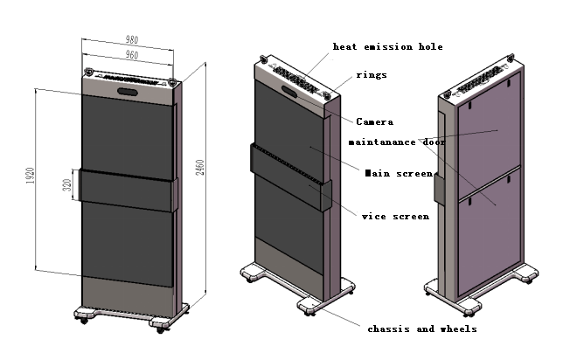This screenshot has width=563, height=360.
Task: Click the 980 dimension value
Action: [132, 39]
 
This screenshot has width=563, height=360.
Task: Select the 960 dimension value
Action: [132, 55]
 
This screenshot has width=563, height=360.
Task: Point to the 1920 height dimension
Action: [31, 176]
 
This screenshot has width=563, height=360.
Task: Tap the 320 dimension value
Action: [66, 185]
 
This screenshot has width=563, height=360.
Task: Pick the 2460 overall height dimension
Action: [200, 167]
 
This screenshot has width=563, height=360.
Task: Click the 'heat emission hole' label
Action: [388, 46]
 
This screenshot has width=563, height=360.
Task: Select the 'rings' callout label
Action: [372, 75]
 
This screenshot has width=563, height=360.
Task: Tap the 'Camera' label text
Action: [374, 122]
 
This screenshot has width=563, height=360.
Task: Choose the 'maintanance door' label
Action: [397, 142]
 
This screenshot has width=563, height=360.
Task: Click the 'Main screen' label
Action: [399, 173]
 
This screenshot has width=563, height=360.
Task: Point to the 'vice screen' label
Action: [395, 217]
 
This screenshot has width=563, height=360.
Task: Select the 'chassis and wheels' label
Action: [422, 329]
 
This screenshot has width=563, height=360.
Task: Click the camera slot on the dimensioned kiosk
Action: [128, 92]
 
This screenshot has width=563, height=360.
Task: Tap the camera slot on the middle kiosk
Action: [289, 91]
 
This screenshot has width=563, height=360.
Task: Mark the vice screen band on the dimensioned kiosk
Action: [129, 190]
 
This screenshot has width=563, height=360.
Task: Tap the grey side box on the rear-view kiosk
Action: [439, 189]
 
